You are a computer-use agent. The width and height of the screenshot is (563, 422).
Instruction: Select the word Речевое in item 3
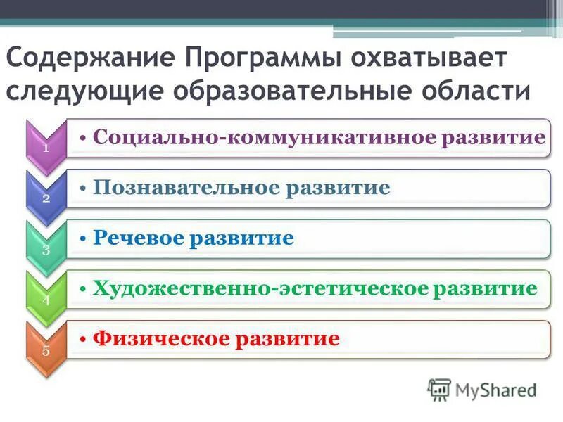(x=137, y=239)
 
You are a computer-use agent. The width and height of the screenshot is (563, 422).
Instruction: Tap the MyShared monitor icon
(x=439, y=389)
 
